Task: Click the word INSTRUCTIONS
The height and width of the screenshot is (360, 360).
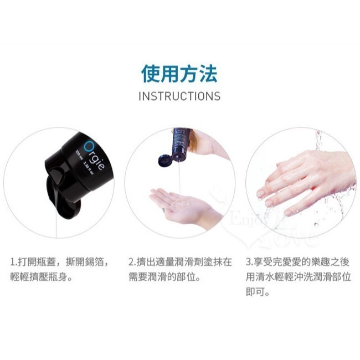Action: click(x=179, y=96)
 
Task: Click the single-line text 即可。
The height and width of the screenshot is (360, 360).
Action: click(x=258, y=291)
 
